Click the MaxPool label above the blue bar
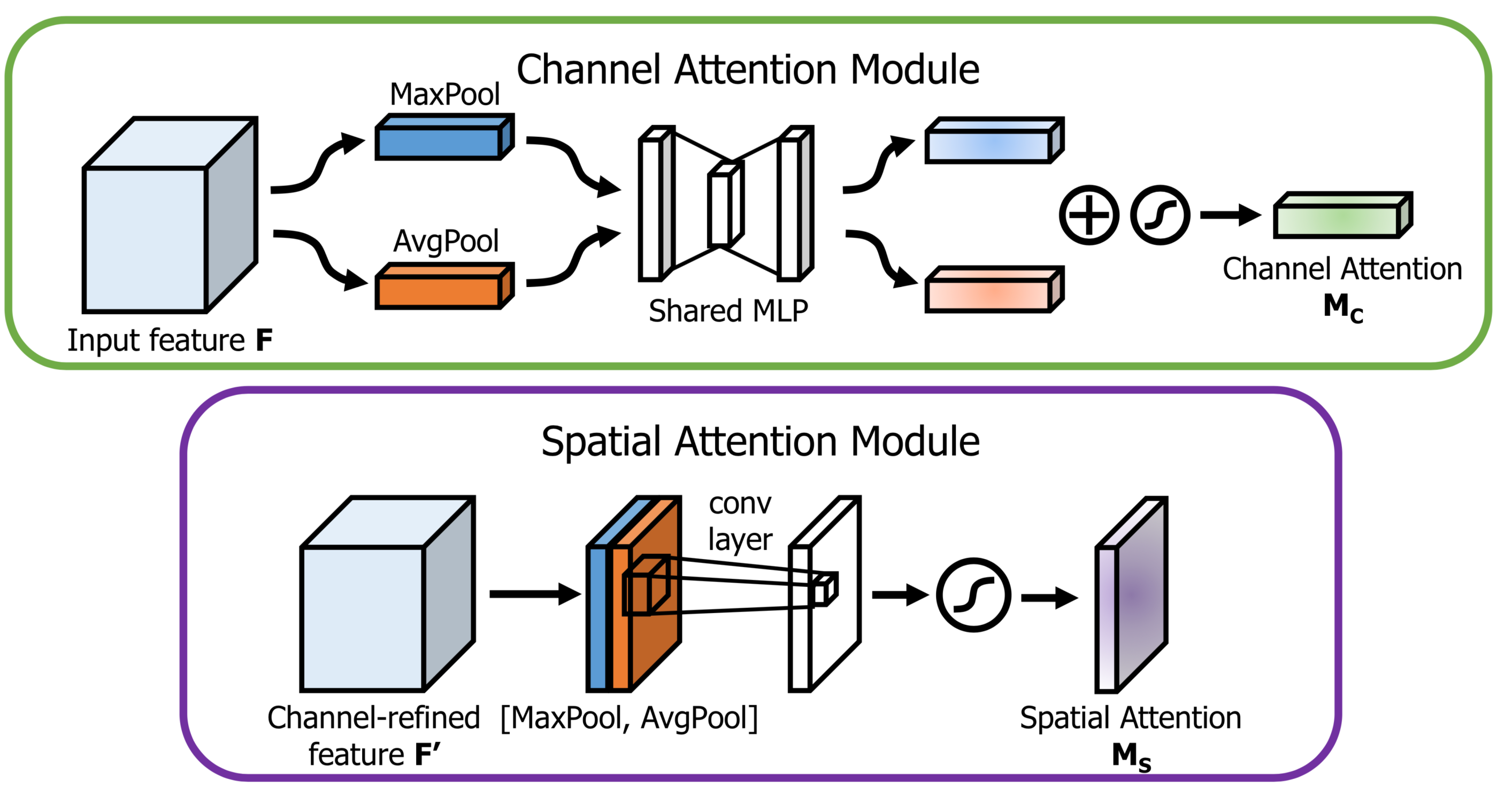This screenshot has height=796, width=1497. [x=444, y=94]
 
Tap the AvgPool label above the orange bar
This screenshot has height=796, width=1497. [x=446, y=241]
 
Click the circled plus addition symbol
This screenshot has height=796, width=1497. [x=1088, y=215]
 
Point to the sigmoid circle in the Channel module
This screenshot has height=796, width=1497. [x=1160, y=215]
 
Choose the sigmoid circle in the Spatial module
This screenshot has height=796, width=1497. [x=973, y=595]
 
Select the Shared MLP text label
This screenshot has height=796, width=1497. [x=728, y=310]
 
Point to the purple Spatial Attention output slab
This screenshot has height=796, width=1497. [x=1130, y=598]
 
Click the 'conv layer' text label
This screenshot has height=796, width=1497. [x=740, y=521]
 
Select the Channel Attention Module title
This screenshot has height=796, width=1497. [x=748, y=69]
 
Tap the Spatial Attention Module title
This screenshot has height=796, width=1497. [x=761, y=442]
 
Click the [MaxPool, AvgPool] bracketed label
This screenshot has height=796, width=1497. [x=629, y=718]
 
